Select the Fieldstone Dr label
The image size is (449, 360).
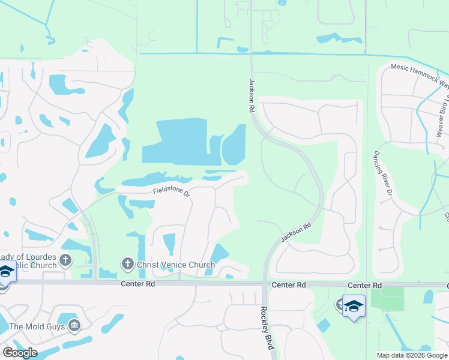tap(171, 191)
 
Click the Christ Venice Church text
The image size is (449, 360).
tap(176, 265)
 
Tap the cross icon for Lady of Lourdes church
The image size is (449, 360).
tap(65, 260)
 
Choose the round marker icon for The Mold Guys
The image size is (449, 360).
tap(74, 326)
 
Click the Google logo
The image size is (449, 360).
tap(19, 353)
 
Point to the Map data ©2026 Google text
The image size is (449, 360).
tap(412, 355)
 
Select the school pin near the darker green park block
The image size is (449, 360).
tap(354, 306)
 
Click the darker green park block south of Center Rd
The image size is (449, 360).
tap(387, 298)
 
